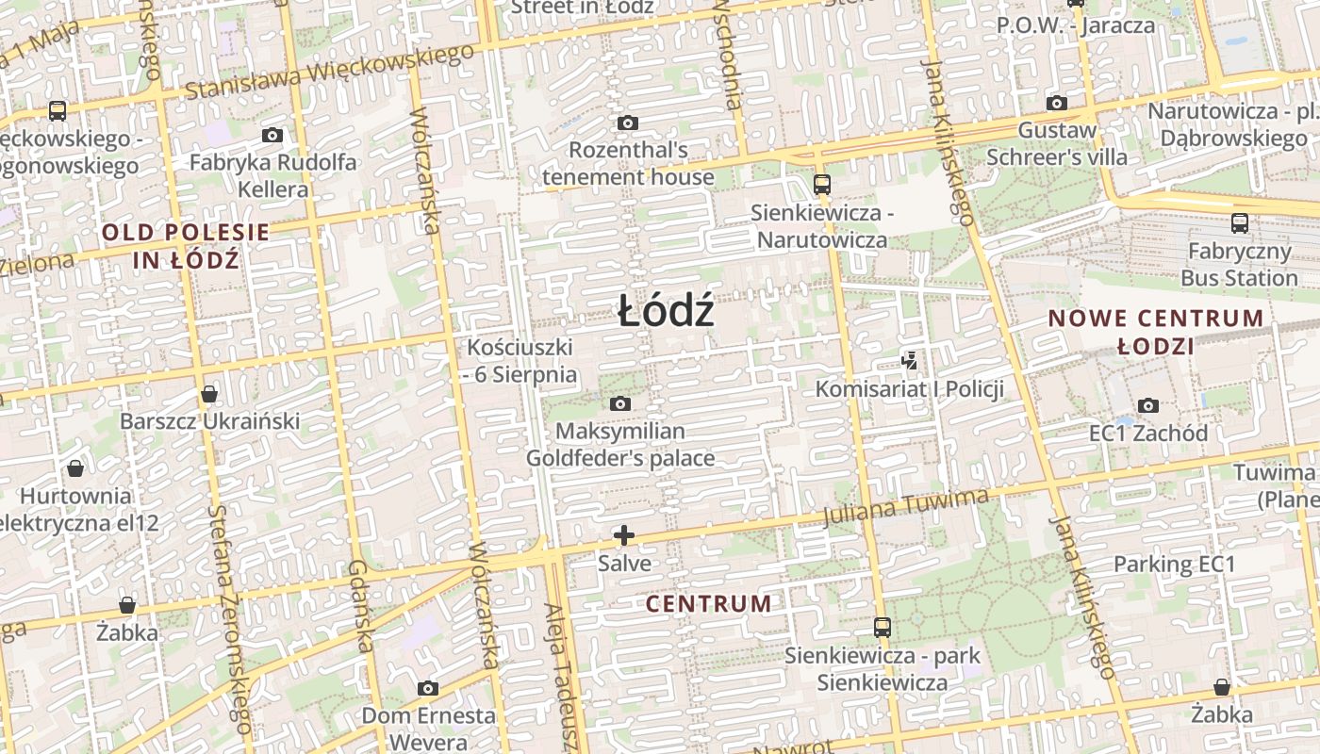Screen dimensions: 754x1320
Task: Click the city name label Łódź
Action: (x=666, y=312)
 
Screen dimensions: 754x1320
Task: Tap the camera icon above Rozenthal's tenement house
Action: (x=627, y=123)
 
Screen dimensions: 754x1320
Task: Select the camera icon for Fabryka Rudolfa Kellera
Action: (x=272, y=135)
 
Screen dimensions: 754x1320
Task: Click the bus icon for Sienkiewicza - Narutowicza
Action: (x=821, y=184)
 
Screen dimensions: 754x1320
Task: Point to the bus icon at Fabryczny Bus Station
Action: (x=1239, y=223)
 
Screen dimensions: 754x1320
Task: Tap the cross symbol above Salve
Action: (x=623, y=535)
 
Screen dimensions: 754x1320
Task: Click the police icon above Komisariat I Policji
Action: (x=909, y=359)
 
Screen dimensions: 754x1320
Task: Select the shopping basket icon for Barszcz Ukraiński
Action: (x=209, y=393)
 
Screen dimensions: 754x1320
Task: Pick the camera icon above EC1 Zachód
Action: (x=1147, y=405)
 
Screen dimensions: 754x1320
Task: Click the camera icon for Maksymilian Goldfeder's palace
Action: (x=619, y=403)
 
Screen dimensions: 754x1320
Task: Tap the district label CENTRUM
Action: (x=709, y=604)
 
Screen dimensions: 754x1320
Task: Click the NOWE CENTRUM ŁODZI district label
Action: (x=1156, y=332)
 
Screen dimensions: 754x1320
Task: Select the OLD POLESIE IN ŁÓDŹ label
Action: (x=186, y=245)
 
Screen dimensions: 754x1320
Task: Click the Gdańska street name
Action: (x=361, y=605)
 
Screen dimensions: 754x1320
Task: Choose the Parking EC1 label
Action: (x=1174, y=564)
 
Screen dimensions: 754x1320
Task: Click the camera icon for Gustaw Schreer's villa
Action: (x=1057, y=103)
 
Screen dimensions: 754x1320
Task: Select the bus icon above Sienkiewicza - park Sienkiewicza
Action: (x=882, y=627)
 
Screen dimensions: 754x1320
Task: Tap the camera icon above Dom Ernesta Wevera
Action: (x=428, y=688)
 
